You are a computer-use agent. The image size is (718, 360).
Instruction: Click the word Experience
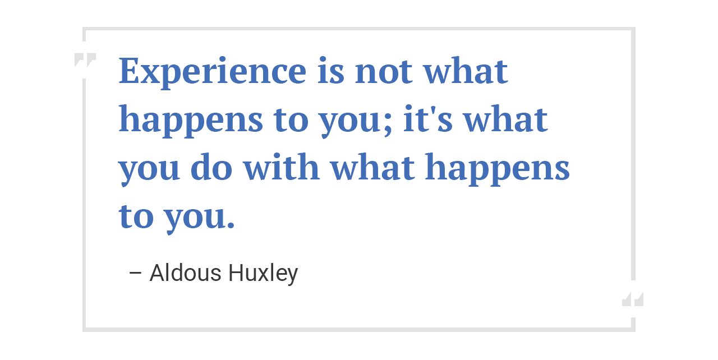pos(213,71)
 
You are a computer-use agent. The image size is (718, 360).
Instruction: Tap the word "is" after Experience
pos(330,71)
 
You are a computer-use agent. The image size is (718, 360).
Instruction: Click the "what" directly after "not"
pos(466,71)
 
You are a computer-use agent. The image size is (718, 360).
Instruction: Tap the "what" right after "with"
pos(372,168)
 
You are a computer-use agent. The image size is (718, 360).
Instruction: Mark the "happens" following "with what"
pos(498,170)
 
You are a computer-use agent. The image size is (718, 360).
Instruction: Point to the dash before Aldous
pos(135,274)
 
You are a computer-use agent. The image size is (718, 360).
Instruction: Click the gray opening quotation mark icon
pos(85,60)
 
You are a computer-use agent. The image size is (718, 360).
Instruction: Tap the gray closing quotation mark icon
pos(633,299)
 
